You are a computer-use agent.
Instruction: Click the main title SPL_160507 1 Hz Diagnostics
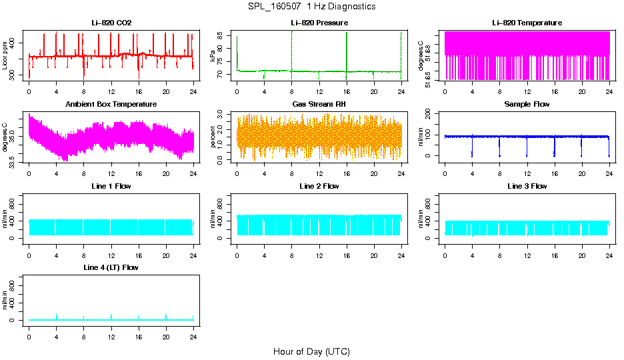click(311, 7)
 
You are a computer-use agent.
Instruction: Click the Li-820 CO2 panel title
click(111, 23)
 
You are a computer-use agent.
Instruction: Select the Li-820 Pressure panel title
click(319, 23)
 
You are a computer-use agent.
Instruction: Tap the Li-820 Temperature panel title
click(527, 23)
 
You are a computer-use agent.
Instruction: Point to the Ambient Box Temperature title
click(111, 105)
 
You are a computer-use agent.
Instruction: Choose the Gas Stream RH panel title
click(319, 105)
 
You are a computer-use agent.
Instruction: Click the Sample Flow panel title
click(527, 105)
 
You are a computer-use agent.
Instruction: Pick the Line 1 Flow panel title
click(111, 186)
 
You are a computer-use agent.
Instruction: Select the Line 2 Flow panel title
click(319, 186)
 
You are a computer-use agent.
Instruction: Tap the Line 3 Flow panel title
click(527, 186)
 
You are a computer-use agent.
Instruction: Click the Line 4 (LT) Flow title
click(111, 267)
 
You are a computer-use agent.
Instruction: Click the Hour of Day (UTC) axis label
click(311, 351)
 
